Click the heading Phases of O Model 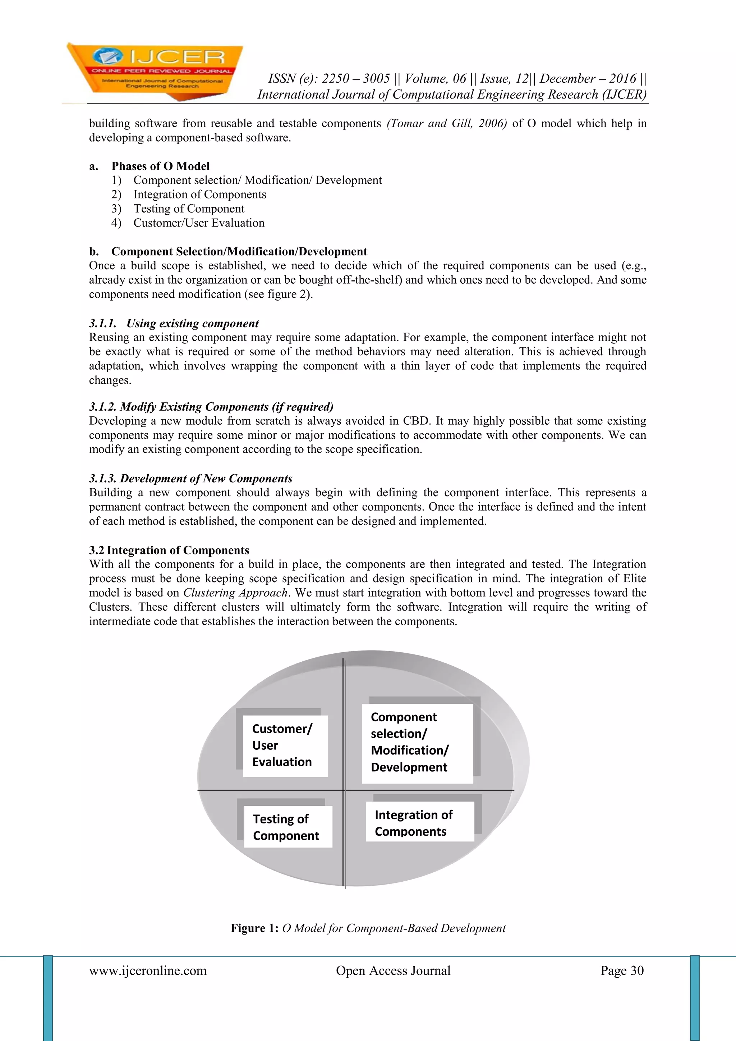click(x=160, y=166)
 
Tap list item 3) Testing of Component click(x=189, y=209)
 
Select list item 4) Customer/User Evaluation click(x=198, y=223)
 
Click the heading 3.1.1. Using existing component click(x=174, y=323)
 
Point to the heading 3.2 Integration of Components click(x=169, y=550)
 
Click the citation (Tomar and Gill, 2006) click(x=446, y=123)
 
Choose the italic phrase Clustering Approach click(x=236, y=593)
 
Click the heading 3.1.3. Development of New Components click(x=191, y=478)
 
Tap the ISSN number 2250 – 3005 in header click(x=355, y=79)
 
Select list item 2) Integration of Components click(x=199, y=195)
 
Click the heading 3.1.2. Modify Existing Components click(x=211, y=407)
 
